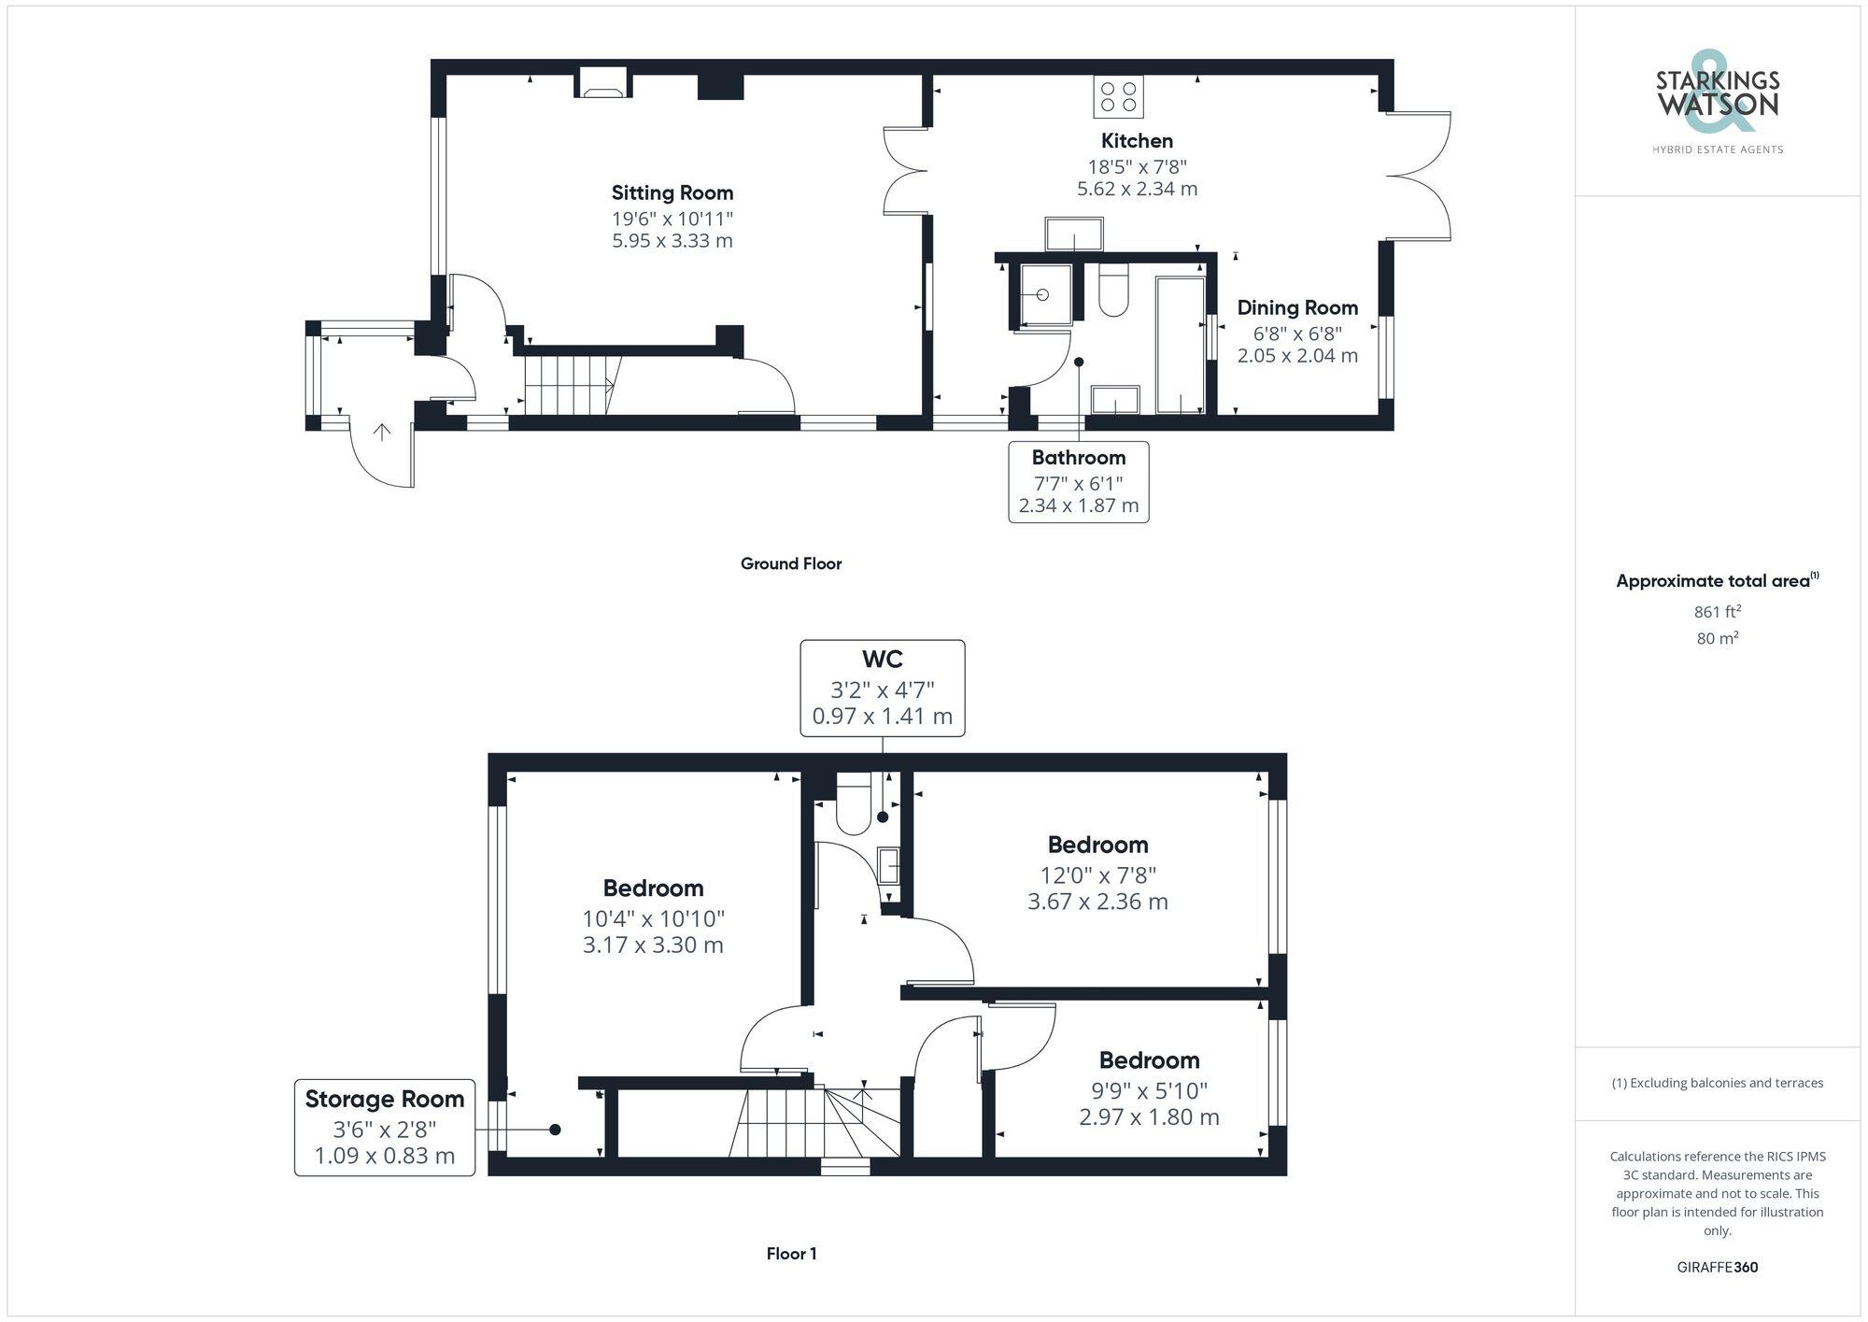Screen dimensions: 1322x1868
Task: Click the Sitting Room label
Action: pyautogui.click(x=672, y=192)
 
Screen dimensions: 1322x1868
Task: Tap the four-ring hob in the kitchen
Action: pyautogui.click(x=1118, y=97)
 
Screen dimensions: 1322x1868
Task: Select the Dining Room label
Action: pyautogui.click(x=1296, y=307)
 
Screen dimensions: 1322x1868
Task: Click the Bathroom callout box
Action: pyautogui.click(x=1079, y=481)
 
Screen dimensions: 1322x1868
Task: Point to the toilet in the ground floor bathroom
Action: pyautogui.click(x=1113, y=291)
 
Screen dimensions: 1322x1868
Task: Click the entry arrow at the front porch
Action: pyautogui.click(x=382, y=432)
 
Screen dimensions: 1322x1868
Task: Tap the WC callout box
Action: pyautogui.click(x=882, y=688)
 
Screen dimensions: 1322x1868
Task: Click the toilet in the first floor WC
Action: pyautogui.click(x=854, y=807)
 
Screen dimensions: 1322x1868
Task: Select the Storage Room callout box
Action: pyautogui.click(x=384, y=1127)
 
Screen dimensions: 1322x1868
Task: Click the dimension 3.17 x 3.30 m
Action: pyautogui.click(x=653, y=945)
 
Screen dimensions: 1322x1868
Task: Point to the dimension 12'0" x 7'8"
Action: pyautogui.click(x=1097, y=875)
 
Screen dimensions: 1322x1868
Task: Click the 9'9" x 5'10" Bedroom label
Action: pyautogui.click(x=1149, y=1060)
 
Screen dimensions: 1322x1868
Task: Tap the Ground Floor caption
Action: pyautogui.click(x=790, y=563)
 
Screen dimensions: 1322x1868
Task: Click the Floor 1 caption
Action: pyautogui.click(x=791, y=1254)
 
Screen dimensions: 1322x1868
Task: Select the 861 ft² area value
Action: pyautogui.click(x=1717, y=612)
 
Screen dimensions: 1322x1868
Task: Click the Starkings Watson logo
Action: pyautogui.click(x=1717, y=103)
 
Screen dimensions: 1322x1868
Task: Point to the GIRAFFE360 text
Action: pyautogui.click(x=1717, y=1268)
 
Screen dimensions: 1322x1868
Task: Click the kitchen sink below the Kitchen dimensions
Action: pyautogui.click(x=1074, y=235)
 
